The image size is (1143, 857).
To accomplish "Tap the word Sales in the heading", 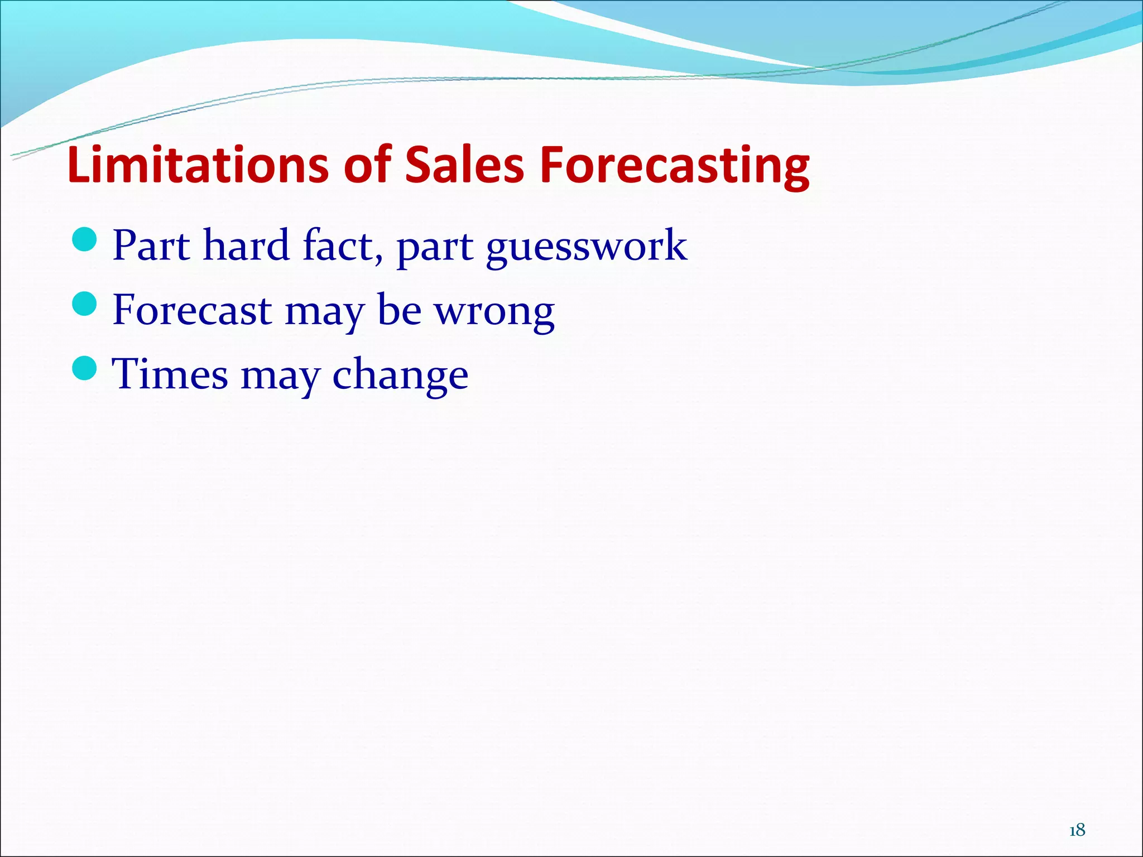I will [x=464, y=165].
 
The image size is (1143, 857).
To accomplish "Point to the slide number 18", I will [x=1077, y=831].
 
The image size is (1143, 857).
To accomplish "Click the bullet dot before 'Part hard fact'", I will [x=85, y=239].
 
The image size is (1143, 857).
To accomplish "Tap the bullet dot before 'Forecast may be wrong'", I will [x=85, y=304].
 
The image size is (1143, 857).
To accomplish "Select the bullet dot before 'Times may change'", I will [x=85, y=368].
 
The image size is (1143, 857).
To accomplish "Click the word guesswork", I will [x=586, y=247].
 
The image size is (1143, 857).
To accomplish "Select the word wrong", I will [x=494, y=311].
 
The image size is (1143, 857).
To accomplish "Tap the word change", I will [x=400, y=375].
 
